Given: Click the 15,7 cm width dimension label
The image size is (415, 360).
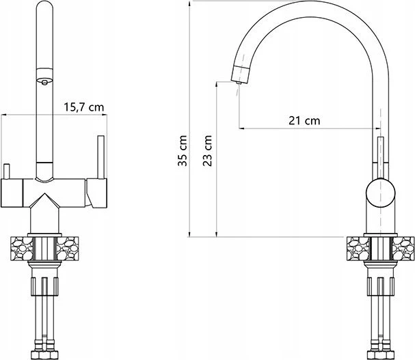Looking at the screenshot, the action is (x=84, y=107).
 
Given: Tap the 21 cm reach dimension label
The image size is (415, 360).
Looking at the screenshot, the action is (x=304, y=121).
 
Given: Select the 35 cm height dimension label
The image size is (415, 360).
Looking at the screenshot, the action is (x=183, y=150).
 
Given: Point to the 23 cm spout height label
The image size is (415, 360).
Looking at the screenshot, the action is (x=208, y=150).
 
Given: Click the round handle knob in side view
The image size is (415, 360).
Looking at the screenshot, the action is (x=381, y=193).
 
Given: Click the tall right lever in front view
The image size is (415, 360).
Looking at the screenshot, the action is (x=101, y=157).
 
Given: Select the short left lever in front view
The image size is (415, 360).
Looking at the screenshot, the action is (x=7, y=171).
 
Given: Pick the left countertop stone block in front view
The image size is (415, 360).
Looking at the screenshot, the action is (x=21, y=249).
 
